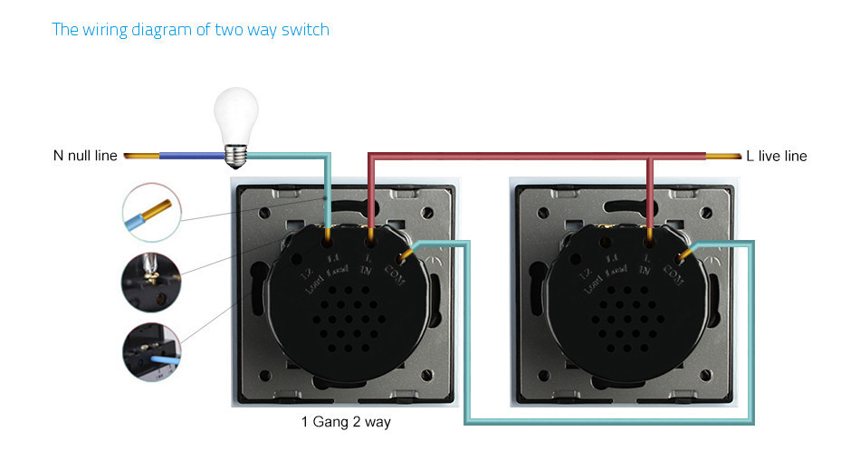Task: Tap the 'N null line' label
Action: point(85,156)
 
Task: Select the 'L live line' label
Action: point(776,156)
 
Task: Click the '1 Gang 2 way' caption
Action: point(346,422)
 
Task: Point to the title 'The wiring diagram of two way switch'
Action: point(191,30)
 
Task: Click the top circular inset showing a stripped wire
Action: point(150,211)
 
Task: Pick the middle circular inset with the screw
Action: point(148,281)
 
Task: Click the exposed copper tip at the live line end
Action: point(720,156)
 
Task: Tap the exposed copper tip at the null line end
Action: point(140,156)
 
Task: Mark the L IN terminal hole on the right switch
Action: point(649,242)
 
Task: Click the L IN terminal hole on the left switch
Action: point(371,242)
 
